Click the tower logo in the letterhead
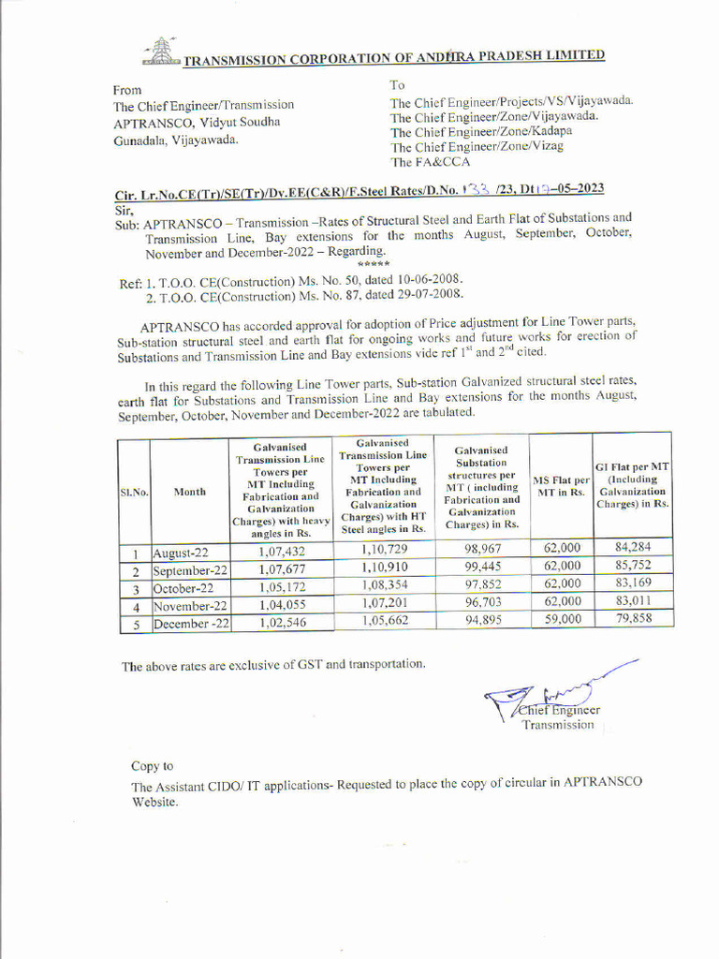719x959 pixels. point(160,51)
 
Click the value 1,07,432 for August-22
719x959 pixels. point(282,552)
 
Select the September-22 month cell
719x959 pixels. point(190,570)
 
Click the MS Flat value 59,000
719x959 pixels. point(561,619)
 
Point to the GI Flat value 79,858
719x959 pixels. point(634,618)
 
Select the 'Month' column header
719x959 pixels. point(190,492)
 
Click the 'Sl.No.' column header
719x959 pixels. point(135,492)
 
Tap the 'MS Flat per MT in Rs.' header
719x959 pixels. point(561,486)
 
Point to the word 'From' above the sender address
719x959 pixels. point(127,90)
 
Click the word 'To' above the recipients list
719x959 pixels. point(398,85)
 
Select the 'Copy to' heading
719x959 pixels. point(152,766)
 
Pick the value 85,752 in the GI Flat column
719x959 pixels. point(634,566)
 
